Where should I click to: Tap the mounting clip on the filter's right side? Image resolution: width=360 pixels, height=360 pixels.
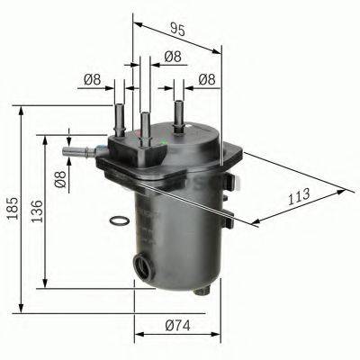[x=232, y=213]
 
